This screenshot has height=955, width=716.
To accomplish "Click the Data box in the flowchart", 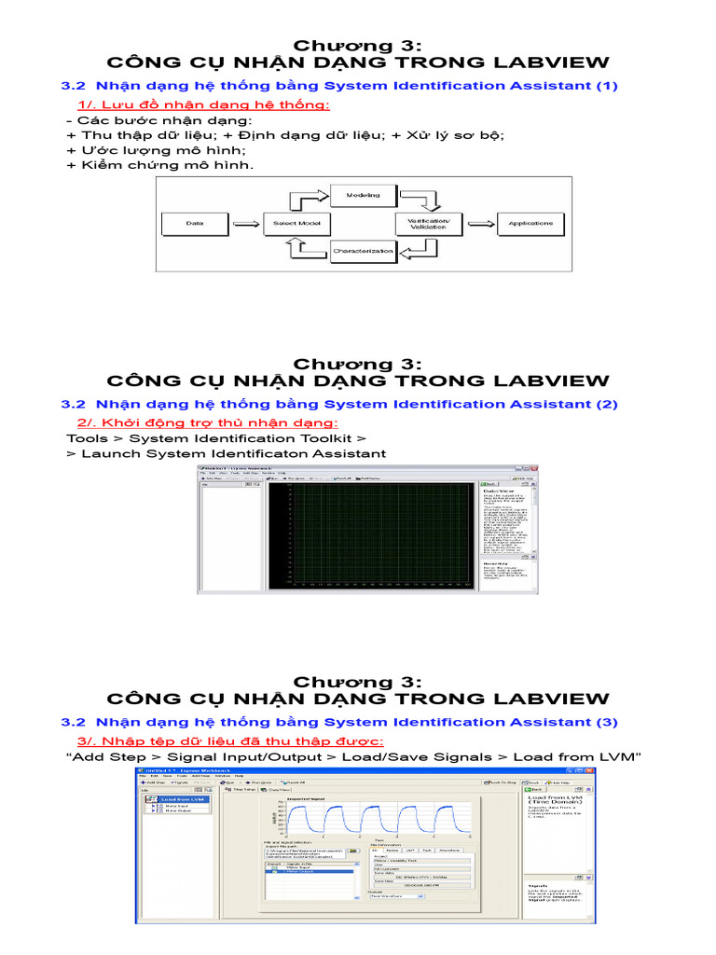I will click(x=195, y=224).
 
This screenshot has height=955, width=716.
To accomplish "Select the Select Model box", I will click(x=297, y=224).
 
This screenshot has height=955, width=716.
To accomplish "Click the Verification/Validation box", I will click(x=428, y=224).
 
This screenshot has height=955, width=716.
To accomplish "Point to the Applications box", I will click(x=530, y=224).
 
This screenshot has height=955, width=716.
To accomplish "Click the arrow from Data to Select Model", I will click(x=244, y=224).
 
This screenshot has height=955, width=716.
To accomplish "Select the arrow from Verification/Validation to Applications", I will click(x=481, y=224).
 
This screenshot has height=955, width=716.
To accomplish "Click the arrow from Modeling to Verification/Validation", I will click(x=424, y=201).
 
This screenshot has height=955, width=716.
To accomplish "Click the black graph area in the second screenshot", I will click(x=372, y=534).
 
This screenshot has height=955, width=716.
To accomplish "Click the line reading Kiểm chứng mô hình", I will click(x=159, y=165).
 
